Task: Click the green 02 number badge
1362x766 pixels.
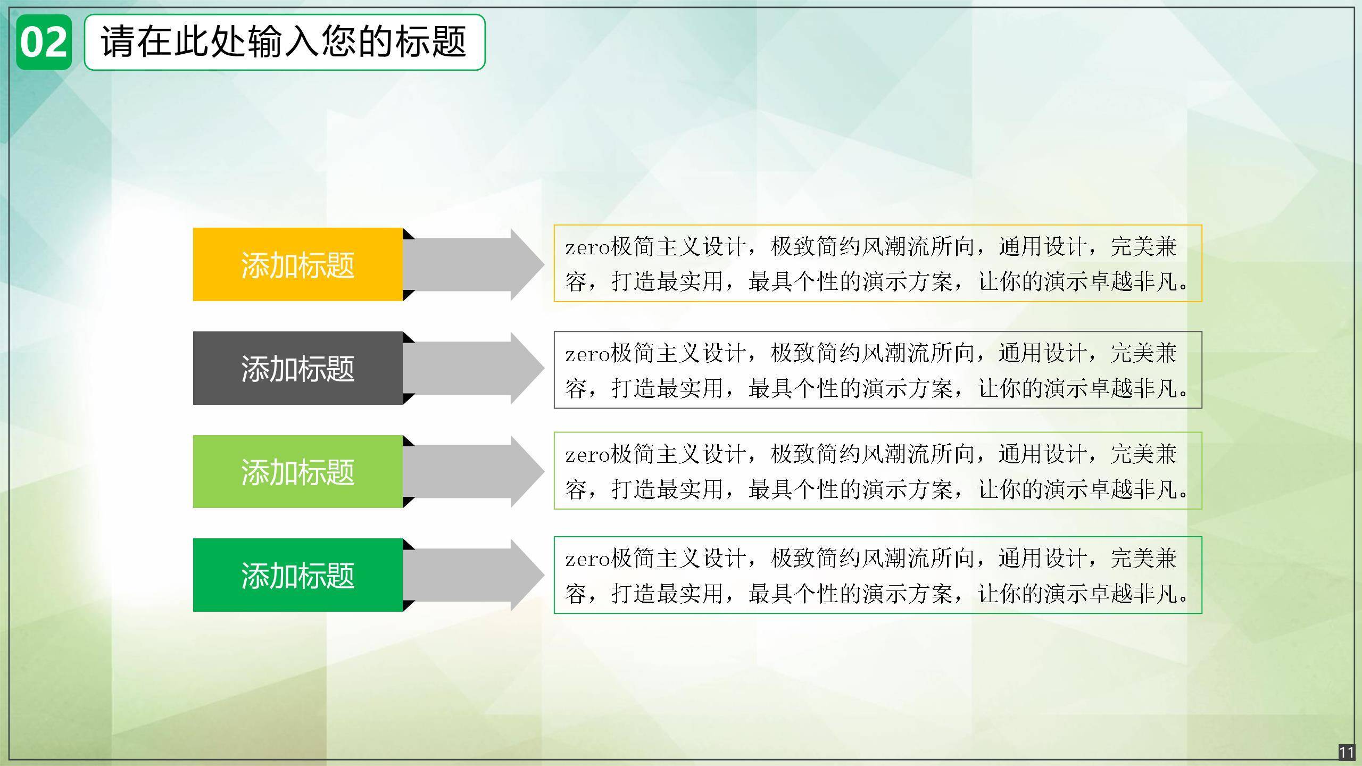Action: click(44, 43)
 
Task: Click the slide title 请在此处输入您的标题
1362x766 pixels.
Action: click(284, 41)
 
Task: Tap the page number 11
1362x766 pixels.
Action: click(1347, 753)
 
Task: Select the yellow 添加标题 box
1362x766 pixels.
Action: click(298, 264)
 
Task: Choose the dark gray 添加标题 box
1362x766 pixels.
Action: click(298, 368)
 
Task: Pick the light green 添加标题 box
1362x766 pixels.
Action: click(298, 471)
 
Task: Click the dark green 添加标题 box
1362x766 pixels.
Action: click(298, 575)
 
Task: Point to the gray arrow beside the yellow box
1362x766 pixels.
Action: click(474, 264)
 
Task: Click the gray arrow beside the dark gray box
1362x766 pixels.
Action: click(474, 368)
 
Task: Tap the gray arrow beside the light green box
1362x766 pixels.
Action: click(474, 471)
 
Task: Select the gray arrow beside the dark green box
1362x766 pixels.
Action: click(474, 575)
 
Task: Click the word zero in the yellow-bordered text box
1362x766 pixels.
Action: click(587, 248)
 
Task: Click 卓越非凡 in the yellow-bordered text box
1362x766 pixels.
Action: click(1133, 281)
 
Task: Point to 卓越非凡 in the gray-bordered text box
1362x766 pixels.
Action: click(1133, 388)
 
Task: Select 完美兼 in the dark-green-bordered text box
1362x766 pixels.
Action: click(1144, 558)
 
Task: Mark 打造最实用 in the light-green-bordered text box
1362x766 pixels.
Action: click(668, 489)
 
